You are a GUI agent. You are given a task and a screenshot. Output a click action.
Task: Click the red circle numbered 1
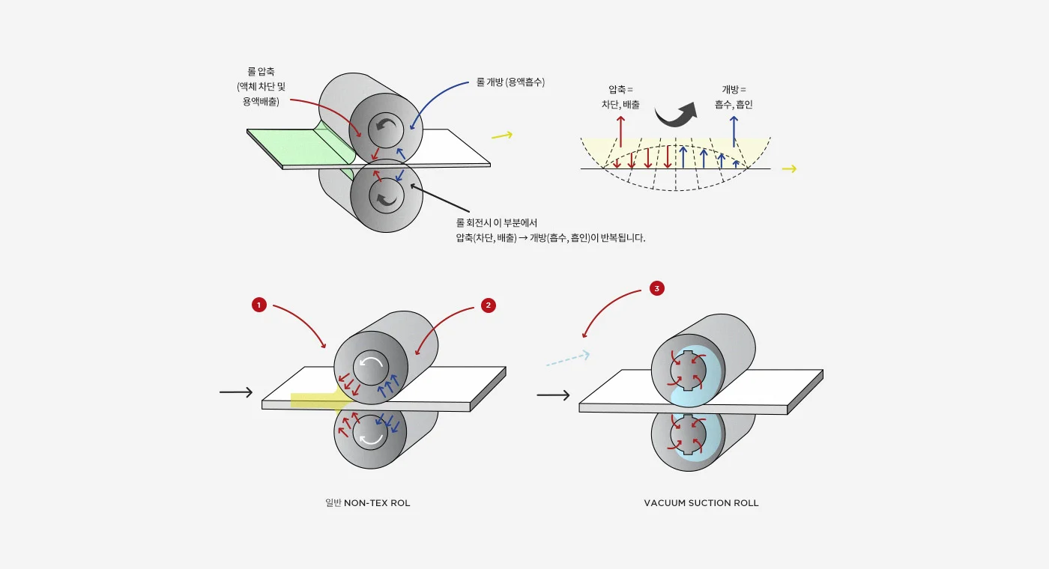(259, 305)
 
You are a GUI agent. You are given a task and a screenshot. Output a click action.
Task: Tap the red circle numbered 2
(489, 305)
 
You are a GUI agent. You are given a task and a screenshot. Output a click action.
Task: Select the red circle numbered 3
(657, 288)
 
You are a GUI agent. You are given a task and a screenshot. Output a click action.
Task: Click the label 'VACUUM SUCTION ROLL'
(701, 503)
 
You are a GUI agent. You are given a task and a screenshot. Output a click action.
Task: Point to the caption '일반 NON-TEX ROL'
(368, 503)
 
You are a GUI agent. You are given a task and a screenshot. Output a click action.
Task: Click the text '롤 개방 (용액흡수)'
(510, 82)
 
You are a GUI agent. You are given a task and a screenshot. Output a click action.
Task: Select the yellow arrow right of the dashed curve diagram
(788, 169)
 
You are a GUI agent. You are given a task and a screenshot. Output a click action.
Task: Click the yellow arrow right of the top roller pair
(502, 136)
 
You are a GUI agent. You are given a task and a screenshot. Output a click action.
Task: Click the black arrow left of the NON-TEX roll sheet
(236, 392)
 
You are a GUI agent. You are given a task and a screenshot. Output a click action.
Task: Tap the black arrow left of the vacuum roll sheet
(553, 395)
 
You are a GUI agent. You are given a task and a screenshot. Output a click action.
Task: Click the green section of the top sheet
(296, 146)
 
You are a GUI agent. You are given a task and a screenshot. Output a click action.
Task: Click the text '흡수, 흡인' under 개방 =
(734, 105)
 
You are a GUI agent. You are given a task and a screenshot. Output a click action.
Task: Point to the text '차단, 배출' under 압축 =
(620, 105)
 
